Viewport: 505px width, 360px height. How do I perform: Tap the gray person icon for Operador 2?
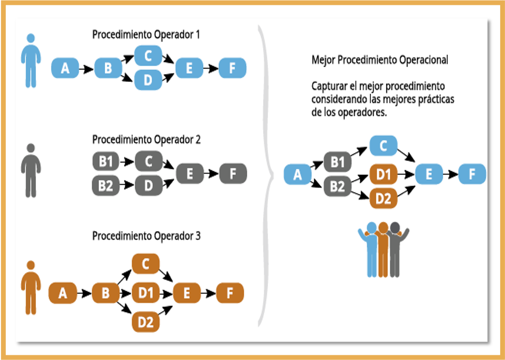coord(31,171)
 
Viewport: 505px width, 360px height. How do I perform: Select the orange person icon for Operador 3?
coord(31,288)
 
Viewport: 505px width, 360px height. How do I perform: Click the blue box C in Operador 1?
coord(148,56)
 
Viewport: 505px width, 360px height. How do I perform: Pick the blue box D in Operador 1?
coord(148,80)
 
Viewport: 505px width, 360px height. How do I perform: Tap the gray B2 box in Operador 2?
coord(106,186)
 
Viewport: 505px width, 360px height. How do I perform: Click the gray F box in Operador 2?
coord(233,173)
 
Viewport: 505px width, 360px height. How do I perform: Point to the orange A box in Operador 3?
coord(63,293)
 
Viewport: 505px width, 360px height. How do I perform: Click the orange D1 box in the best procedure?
coord(384,173)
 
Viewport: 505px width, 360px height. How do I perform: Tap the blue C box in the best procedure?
coord(384,145)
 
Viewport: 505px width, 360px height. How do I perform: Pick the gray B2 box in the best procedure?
coord(338,186)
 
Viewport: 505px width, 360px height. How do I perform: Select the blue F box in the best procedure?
coord(472,174)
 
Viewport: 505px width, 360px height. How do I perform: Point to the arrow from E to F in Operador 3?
coord(208,293)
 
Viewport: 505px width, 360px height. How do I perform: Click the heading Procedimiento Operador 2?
coord(146,140)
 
